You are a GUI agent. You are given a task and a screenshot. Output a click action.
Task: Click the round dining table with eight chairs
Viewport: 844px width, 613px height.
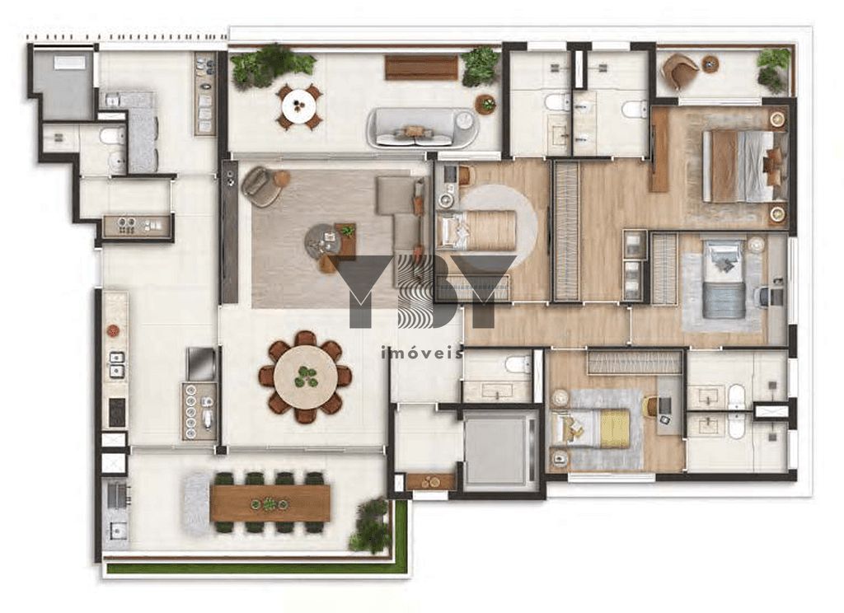click(306, 377)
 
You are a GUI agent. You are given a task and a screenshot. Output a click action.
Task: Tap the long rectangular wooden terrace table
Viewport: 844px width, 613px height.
click(270, 503)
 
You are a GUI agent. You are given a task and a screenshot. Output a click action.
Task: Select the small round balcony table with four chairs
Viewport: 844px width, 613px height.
click(298, 105)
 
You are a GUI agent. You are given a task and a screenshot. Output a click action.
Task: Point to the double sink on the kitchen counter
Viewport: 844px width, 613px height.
click(116, 363)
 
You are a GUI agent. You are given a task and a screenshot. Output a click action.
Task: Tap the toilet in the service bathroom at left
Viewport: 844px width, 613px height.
click(113, 137)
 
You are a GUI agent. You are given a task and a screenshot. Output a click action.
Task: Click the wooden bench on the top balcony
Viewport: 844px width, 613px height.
click(421, 68)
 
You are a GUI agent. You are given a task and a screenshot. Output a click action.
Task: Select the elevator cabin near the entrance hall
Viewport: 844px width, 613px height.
click(498, 452)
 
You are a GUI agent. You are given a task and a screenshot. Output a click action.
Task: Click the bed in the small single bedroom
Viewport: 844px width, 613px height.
click(476, 230)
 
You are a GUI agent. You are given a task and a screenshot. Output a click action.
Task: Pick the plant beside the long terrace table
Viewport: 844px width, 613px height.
click(371, 526)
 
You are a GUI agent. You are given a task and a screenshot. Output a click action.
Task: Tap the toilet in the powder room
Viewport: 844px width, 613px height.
click(518, 364)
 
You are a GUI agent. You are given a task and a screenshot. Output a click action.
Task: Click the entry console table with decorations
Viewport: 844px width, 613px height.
click(430, 481)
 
